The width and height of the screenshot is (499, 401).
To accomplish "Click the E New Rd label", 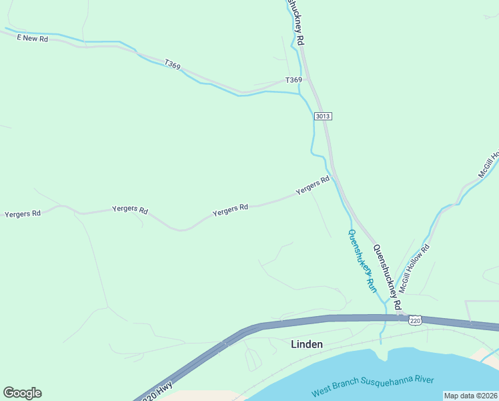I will pyautogui.click(x=33, y=39).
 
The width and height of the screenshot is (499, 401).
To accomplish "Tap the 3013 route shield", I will pyautogui.click(x=323, y=116).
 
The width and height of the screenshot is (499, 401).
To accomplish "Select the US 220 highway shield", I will pyautogui.click(x=416, y=321).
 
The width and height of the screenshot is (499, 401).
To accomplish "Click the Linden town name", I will pyautogui.click(x=307, y=344).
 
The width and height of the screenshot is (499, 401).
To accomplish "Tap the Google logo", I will pyautogui.click(x=22, y=393).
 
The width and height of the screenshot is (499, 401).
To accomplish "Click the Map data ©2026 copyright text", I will pyautogui.click(x=470, y=396).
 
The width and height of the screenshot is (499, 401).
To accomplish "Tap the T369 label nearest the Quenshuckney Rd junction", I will pyautogui.click(x=294, y=80).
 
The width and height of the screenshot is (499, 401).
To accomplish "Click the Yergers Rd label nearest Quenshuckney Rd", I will pyautogui.click(x=313, y=184).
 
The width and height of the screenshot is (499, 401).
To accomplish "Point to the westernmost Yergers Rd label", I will pyautogui.click(x=23, y=214).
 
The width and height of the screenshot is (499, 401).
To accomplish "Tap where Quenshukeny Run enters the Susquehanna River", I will pyautogui.click(x=382, y=345).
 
